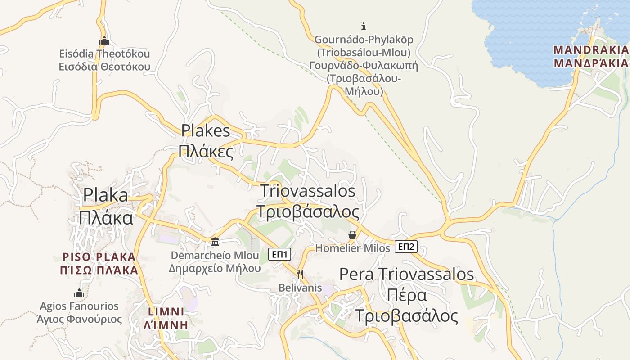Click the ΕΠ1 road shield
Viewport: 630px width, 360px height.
click(280, 254)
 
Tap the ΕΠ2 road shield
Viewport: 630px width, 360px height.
click(406, 247)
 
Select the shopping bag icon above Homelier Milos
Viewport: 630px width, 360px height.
click(352, 235)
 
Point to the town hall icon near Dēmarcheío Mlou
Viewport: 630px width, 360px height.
click(215, 242)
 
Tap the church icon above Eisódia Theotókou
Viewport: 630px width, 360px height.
click(104, 40)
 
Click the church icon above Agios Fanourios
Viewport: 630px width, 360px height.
click(80, 293)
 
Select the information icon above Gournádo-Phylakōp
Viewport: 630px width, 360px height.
click(364, 26)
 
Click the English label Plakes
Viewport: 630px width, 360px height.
click(206, 130)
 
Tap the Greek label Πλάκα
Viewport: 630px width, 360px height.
click(106, 218)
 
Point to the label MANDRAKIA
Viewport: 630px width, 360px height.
click(590, 49)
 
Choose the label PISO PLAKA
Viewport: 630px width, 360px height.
click(99, 257)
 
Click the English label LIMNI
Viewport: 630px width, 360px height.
click(166, 311)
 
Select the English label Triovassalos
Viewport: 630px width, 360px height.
click(308, 191)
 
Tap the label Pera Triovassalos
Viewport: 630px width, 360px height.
click(406, 274)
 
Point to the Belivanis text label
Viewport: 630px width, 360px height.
click(300, 288)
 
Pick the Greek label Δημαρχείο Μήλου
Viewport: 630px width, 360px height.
click(215, 269)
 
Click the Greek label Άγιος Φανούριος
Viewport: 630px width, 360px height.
click(80, 319)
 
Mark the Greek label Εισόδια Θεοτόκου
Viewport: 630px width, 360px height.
click(104, 67)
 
